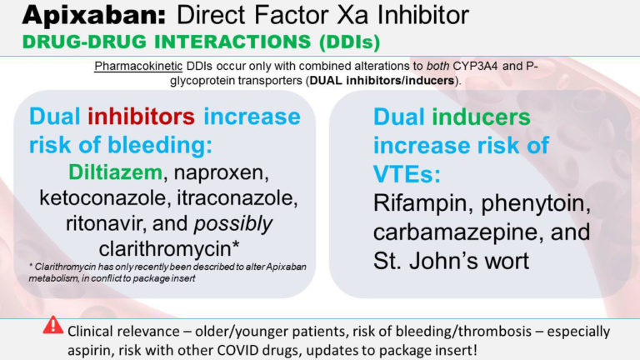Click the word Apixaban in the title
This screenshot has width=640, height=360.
[66, 15]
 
